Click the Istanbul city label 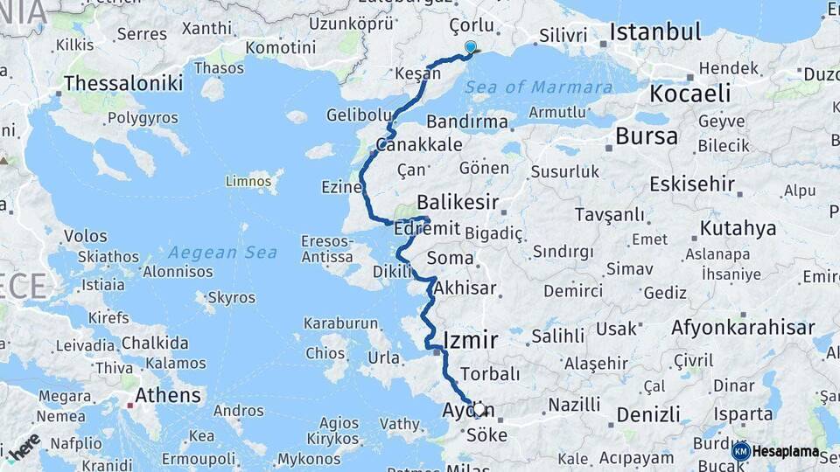(655, 33)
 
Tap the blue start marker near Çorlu (471, 47)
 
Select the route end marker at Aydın (479, 409)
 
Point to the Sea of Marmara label (538, 87)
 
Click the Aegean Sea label (222, 253)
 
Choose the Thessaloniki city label (123, 83)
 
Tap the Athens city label (167, 395)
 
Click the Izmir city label (471, 339)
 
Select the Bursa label (646, 136)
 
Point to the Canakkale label (418, 144)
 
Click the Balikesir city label (458, 203)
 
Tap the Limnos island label (249, 181)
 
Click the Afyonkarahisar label (743, 328)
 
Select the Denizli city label (647, 414)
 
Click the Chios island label (325, 353)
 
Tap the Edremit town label (427, 227)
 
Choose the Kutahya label (738, 229)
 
